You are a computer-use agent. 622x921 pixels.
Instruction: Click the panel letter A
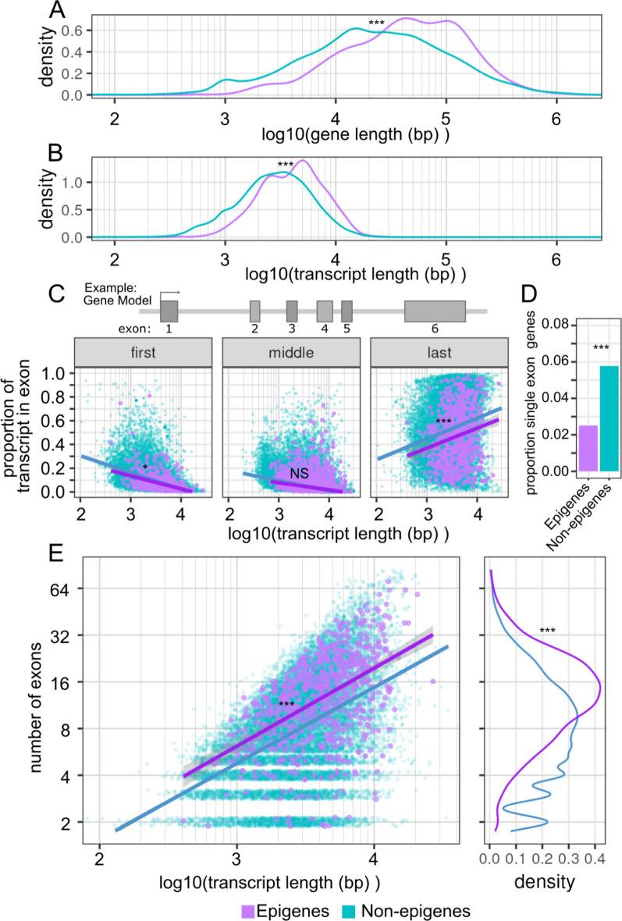pos(57,11)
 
